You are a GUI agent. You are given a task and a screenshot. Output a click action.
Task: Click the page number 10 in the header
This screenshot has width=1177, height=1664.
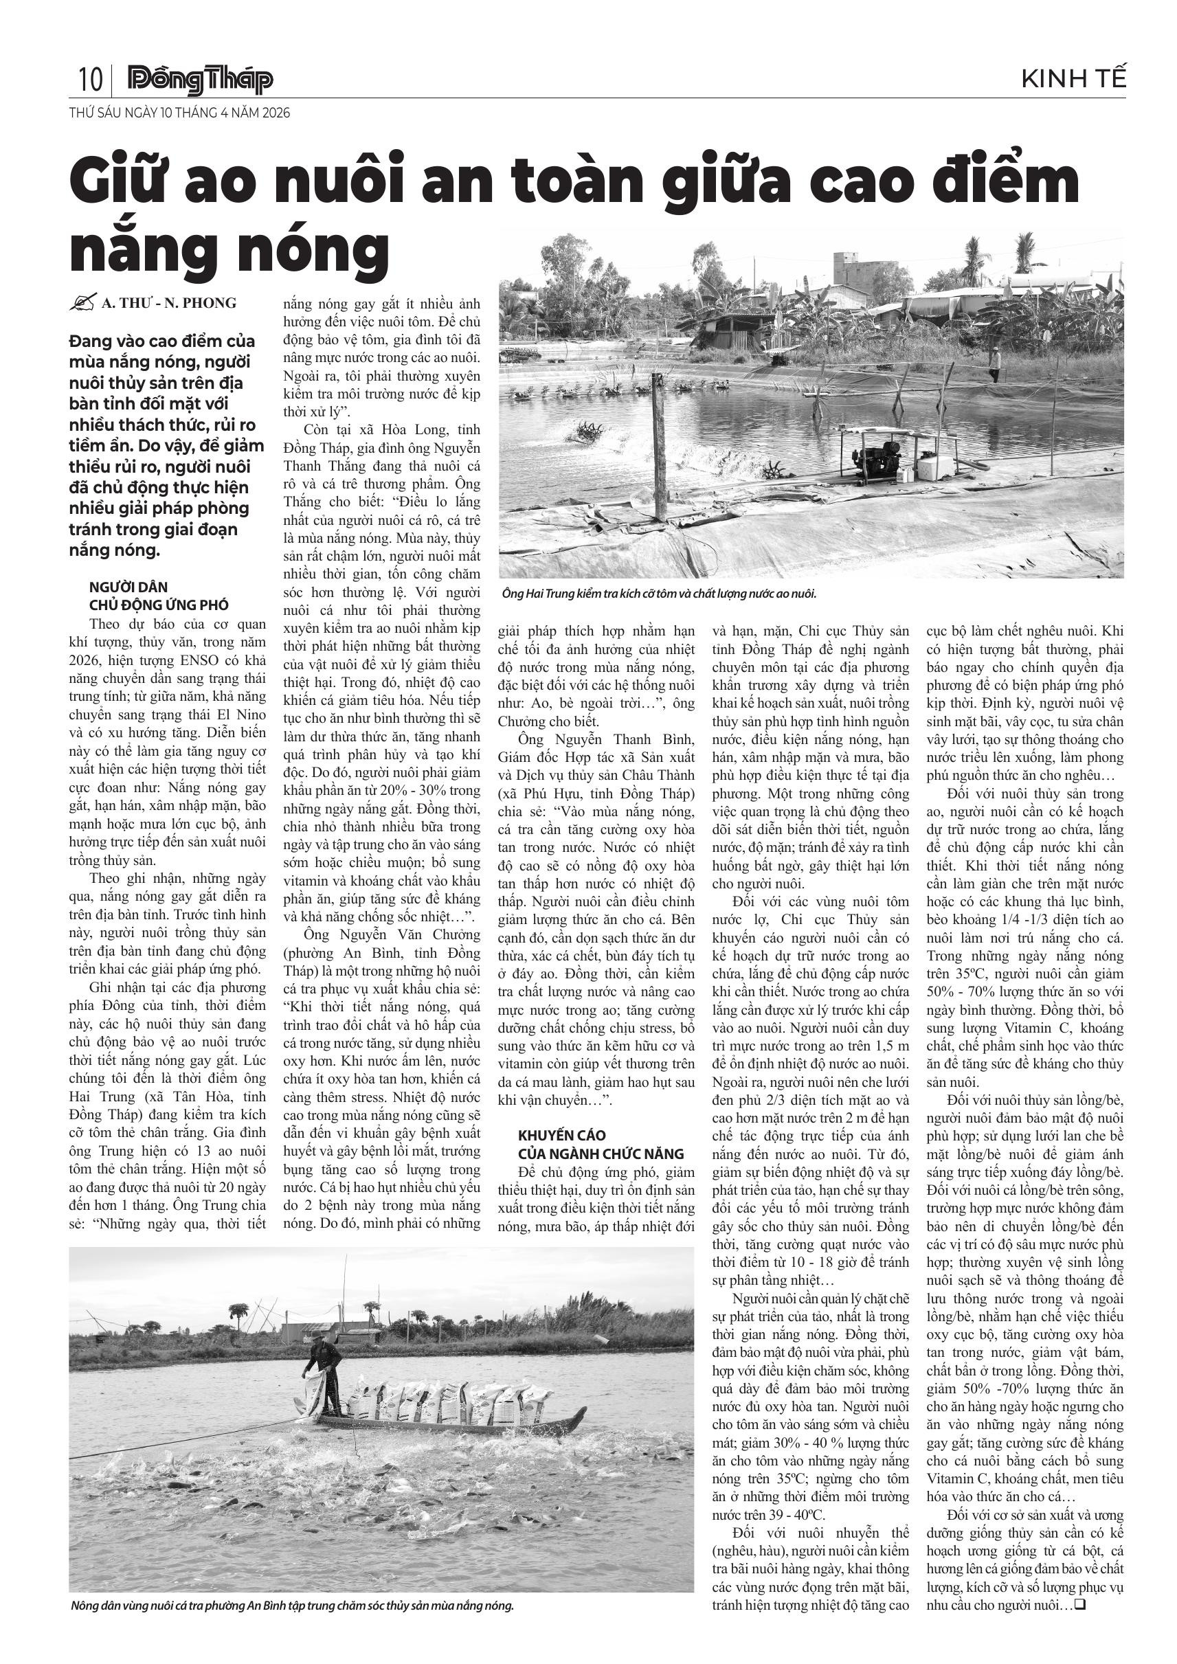click(x=90, y=79)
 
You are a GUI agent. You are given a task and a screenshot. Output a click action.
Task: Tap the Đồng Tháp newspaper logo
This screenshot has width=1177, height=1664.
click(x=200, y=80)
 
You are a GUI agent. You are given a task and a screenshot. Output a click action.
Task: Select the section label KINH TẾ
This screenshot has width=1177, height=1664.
click(x=1073, y=79)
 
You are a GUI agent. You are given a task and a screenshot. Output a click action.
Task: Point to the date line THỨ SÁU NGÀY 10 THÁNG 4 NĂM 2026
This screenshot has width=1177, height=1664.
click(x=179, y=113)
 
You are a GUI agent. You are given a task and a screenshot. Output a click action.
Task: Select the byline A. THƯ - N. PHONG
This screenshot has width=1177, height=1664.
click(x=169, y=303)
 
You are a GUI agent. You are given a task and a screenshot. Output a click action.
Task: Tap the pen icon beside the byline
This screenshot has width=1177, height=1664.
click(x=82, y=303)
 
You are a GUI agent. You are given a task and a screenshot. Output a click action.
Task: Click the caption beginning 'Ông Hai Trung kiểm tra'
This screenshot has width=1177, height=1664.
click(x=659, y=594)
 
